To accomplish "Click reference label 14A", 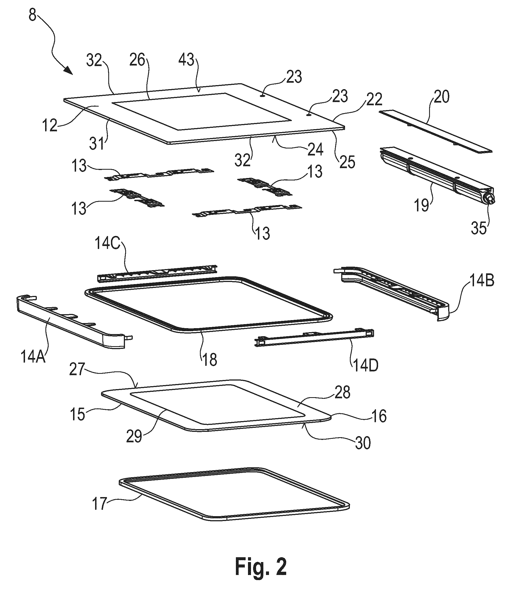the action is click(33, 356).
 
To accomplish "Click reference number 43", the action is click(186, 60).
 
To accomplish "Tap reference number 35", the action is click(479, 228).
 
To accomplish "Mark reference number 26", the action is click(137, 60).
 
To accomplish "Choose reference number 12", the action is click(50, 126).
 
